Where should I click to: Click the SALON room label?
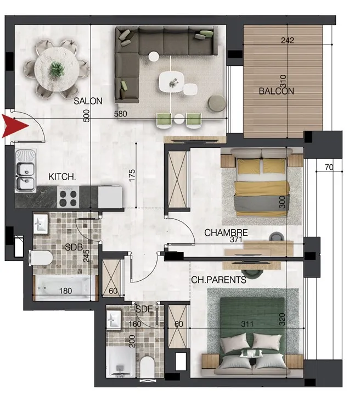pyautogui.click(x=88, y=101)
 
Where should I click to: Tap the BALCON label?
pyautogui.click(x=276, y=91)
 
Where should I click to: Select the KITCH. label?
pyautogui.click(x=62, y=177)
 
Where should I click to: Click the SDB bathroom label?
pyautogui.click(x=74, y=247)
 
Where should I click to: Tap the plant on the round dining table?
pyautogui.click(x=56, y=69)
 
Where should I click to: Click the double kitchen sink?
pyautogui.click(x=24, y=170)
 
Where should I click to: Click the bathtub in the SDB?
pyautogui.click(x=65, y=287)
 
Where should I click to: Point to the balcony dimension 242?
pyautogui.click(x=288, y=40)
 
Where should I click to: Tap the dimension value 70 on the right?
pyautogui.click(x=329, y=167)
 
